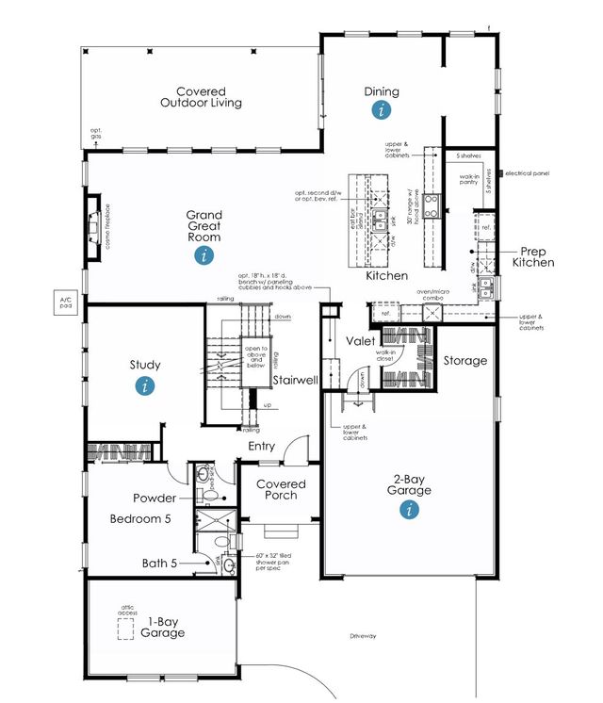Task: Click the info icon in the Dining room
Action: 382,111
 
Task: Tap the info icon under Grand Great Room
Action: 203,261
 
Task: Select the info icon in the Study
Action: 144,384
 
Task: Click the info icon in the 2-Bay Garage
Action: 409,510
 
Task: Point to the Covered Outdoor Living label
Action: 201,98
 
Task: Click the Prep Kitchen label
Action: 532,256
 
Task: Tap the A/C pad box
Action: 66,302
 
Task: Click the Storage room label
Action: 465,360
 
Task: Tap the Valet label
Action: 362,340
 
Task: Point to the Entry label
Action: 262,446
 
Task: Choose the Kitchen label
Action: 386,276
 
